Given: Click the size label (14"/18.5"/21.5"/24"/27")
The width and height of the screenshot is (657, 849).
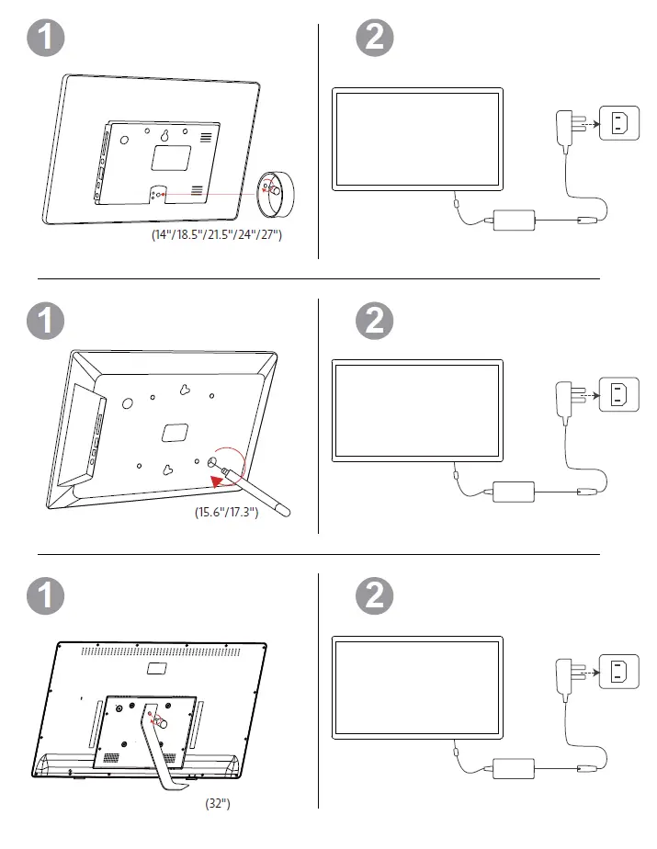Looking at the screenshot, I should pyautogui.click(x=217, y=235).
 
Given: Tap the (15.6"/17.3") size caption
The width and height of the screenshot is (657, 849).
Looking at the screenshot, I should pyautogui.click(x=226, y=512).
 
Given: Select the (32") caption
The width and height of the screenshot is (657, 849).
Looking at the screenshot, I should pyautogui.click(x=217, y=803).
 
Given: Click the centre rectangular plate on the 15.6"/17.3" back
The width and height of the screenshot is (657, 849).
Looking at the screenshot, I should pyautogui.click(x=174, y=431).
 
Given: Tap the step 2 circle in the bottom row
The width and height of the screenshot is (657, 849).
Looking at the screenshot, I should pyautogui.click(x=374, y=594).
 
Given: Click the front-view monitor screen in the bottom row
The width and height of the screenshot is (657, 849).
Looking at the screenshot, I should pyautogui.click(x=417, y=689).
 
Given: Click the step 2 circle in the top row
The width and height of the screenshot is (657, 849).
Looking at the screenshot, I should pyautogui.click(x=374, y=38).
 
